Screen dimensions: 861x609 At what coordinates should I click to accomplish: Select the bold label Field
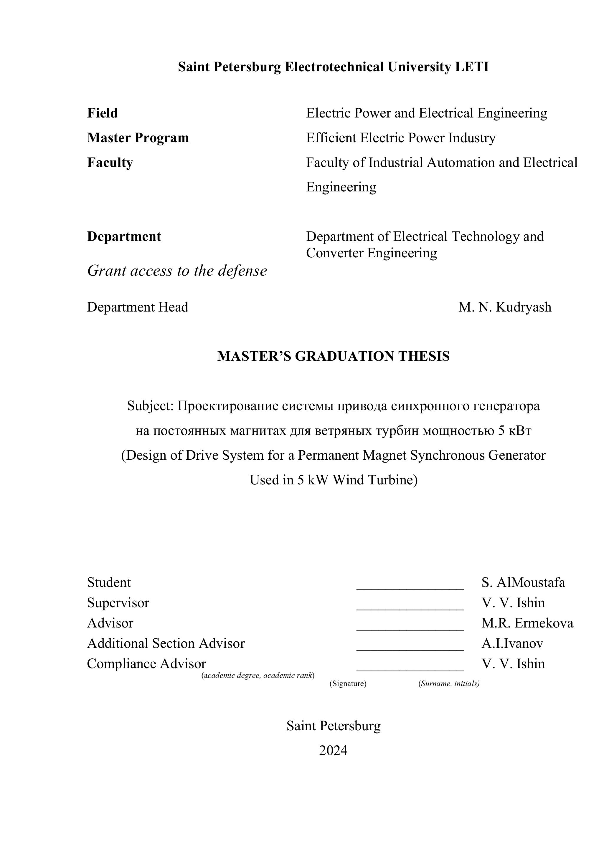(x=103, y=113)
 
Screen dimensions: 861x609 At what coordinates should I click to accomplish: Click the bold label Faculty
(x=110, y=162)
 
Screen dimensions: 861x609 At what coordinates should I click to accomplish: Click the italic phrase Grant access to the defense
(x=177, y=270)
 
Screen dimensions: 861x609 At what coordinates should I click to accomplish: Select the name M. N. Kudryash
(x=505, y=307)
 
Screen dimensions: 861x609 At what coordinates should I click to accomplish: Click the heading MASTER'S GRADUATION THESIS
(x=333, y=356)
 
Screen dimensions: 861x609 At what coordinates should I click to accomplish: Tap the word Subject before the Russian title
(x=149, y=406)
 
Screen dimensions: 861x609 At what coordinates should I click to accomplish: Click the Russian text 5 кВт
(x=515, y=431)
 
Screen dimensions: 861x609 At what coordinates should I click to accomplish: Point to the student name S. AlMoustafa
(x=523, y=582)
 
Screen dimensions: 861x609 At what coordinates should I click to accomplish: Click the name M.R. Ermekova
(x=527, y=623)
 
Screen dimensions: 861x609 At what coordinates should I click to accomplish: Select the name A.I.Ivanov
(x=512, y=643)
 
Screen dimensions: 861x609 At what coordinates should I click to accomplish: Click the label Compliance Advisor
(x=146, y=663)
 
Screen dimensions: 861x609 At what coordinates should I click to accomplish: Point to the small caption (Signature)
(x=348, y=683)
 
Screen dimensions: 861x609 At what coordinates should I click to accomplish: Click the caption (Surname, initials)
(x=449, y=683)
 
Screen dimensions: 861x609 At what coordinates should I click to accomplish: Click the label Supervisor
(x=118, y=603)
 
